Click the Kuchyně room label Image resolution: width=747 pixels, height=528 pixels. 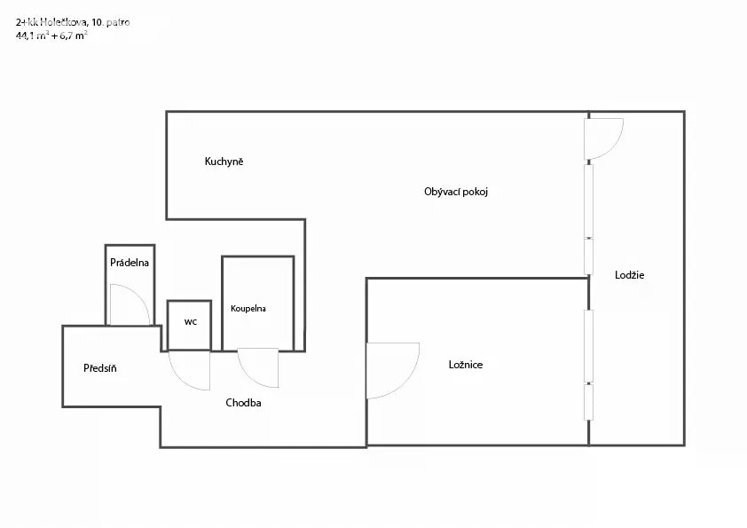click(x=224, y=162)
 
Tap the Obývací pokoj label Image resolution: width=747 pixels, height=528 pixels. click(x=456, y=192)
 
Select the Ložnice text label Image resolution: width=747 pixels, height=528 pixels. click(x=466, y=365)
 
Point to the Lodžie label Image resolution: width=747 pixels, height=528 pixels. click(x=629, y=275)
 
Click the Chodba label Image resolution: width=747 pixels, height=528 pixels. click(x=243, y=403)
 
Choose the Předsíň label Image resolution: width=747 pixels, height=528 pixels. click(x=100, y=368)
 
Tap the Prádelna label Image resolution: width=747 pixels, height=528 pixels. click(x=130, y=263)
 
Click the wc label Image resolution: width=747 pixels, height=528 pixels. click(x=191, y=321)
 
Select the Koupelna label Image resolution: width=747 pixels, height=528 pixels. click(x=248, y=308)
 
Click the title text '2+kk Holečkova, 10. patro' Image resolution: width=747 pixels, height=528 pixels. click(x=73, y=22)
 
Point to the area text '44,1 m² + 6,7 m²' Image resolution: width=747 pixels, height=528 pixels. click(x=51, y=35)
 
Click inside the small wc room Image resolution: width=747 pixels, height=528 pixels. click(x=190, y=326)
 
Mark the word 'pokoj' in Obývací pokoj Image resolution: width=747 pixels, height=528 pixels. click(x=475, y=192)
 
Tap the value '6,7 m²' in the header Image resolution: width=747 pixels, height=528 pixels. click(x=74, y=35)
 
